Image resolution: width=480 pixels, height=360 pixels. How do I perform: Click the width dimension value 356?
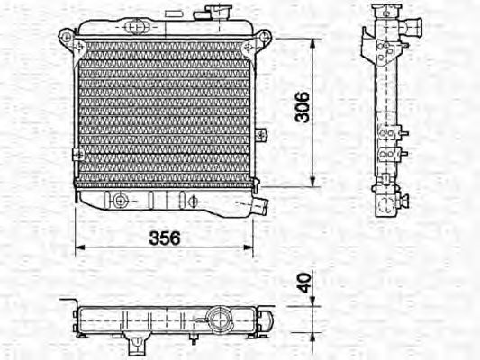(x=164, y=238)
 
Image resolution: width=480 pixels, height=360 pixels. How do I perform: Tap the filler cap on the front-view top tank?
(x=218, y=13)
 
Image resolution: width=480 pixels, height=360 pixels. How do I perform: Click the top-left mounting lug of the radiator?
(x=67, y=37)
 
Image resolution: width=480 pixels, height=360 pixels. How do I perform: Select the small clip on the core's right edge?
(x=260, y=136)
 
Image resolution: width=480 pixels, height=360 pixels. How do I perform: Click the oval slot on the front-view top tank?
(x=135, y=26)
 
